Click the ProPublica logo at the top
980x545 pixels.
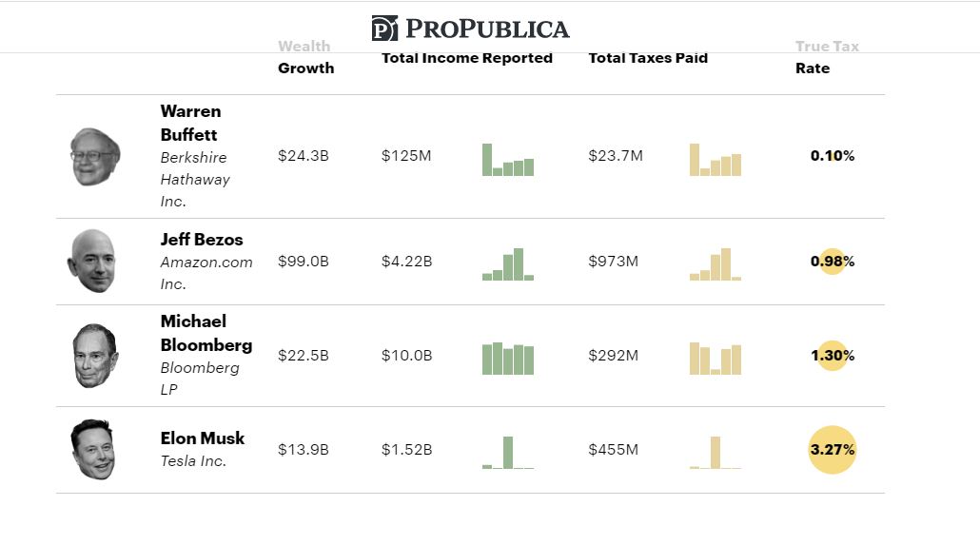click(470, 29)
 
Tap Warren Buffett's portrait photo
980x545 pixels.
click(94, 156)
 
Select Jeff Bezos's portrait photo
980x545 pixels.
click(92, 261)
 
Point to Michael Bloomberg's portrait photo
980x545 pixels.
click(95, 356)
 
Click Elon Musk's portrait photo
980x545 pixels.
click(92, 449)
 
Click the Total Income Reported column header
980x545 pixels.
click(466, 58)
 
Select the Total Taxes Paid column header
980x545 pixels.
click(648, 58)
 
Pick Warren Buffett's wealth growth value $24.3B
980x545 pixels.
click(303, 156)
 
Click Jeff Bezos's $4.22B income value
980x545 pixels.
click(406, 261)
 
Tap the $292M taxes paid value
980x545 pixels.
click(613, 356)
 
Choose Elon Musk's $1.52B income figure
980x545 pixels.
click(406, 449)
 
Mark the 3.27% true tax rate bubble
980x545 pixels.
click(833, 449)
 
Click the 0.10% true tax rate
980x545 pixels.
click(833, 156)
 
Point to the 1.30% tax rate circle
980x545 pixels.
click(833, 356)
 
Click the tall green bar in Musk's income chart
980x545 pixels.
click(508, 453)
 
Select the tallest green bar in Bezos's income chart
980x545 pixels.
click(519, 264)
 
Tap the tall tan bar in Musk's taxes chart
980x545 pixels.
click(715, 453)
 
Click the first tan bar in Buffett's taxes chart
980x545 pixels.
click(695, 160)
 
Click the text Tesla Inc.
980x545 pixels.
click(192, 461)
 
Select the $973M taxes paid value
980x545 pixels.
click(613, 261)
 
